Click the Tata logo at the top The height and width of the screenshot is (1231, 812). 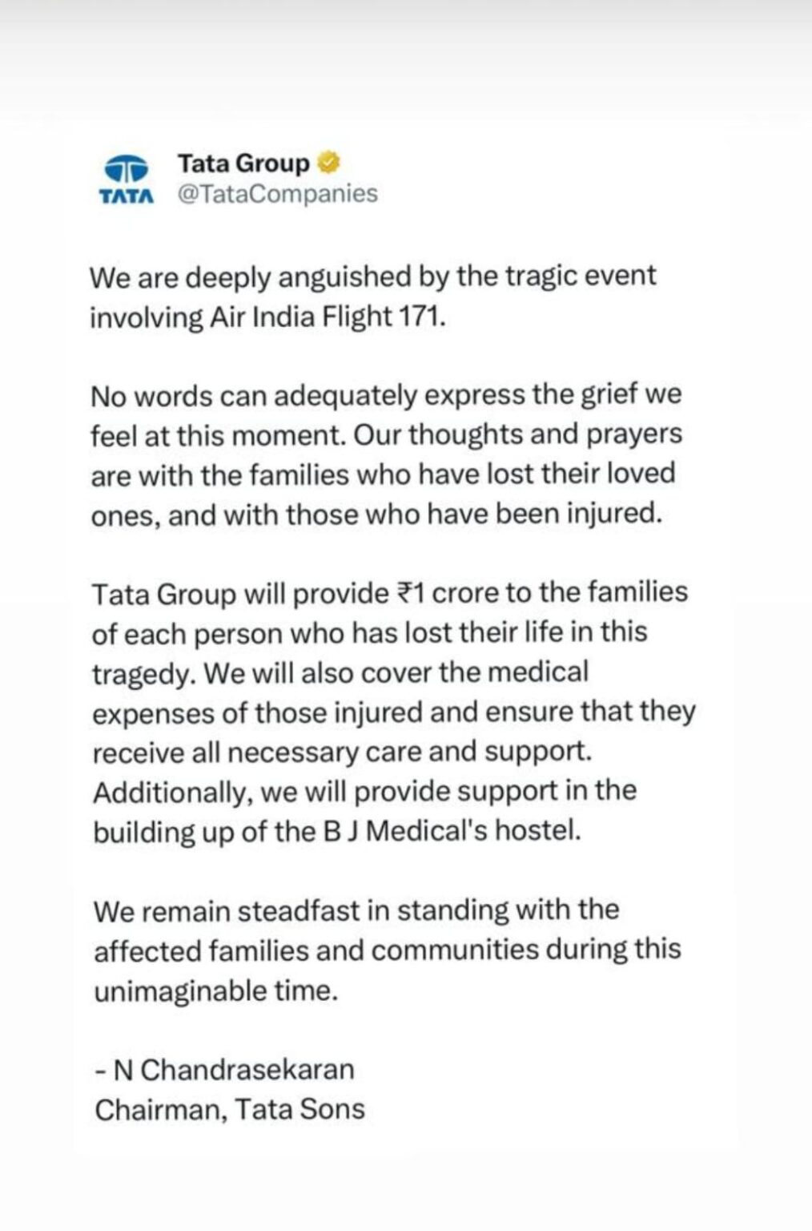[126, 178]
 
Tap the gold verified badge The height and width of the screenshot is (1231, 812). [328, 163]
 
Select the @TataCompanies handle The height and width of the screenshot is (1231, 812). [277, 194]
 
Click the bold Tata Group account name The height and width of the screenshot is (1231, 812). [243, 163]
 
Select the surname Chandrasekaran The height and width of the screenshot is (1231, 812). [247, 1070]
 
